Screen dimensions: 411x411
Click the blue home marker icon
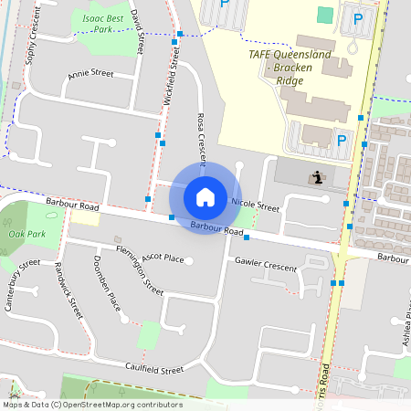[205, 196]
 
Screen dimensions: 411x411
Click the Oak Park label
[26, 235]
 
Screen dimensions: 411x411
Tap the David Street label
[138, 30]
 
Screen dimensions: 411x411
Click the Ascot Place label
[163, 258]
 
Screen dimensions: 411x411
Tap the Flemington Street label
[139, 269]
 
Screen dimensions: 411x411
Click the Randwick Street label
[69, 290]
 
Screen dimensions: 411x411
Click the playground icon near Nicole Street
[317, 177]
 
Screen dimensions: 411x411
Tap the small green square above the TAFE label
[325, 15]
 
